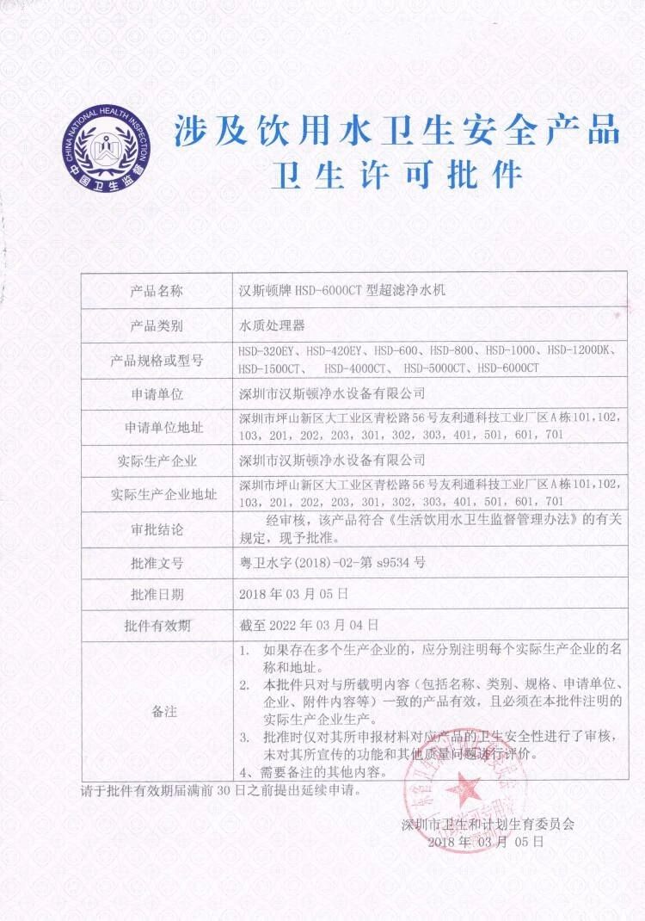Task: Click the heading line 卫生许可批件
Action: tap(396, 175)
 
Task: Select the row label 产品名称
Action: tap(157, 291)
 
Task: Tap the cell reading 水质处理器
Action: tap(271, 326)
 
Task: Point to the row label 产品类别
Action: tap(157, 326)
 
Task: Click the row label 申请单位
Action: tap(157, 393)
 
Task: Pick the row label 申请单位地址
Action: tap(157, 427)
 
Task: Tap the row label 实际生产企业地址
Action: tap(157, 494)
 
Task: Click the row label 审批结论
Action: tap(157, 528)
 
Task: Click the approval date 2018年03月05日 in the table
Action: tap(293, 594)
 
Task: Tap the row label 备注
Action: tap(157, 712)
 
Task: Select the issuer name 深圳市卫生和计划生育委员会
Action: tap(487, 825)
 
